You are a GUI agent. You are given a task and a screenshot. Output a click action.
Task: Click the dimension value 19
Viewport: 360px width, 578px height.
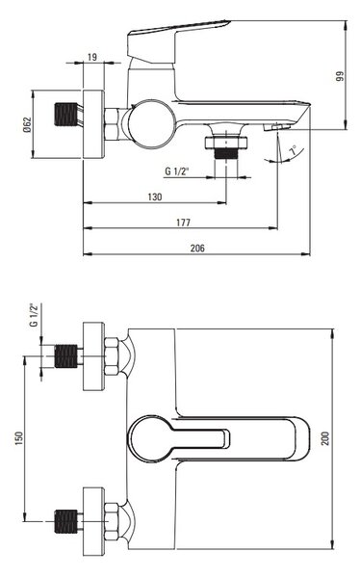pos(92,57)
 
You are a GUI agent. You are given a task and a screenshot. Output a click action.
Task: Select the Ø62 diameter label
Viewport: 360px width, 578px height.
pos(27,124)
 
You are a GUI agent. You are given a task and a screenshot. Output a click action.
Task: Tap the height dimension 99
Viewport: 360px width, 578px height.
pos(340,76)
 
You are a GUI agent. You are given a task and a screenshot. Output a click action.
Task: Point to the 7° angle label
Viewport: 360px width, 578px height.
pos(293,150)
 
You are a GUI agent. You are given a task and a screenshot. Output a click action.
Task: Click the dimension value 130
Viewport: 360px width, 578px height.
pos(155,197)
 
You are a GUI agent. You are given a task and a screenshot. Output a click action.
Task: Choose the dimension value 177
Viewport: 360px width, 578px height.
pos(183,223)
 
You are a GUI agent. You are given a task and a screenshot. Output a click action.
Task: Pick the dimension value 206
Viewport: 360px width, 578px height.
pos(197,249)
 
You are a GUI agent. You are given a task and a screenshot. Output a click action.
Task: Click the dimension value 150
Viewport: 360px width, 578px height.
pos(19,438)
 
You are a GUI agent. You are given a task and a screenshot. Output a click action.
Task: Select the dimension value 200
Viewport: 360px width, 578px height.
pos(325,438)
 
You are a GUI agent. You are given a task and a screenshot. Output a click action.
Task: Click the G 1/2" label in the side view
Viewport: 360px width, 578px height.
pos(176,171)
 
